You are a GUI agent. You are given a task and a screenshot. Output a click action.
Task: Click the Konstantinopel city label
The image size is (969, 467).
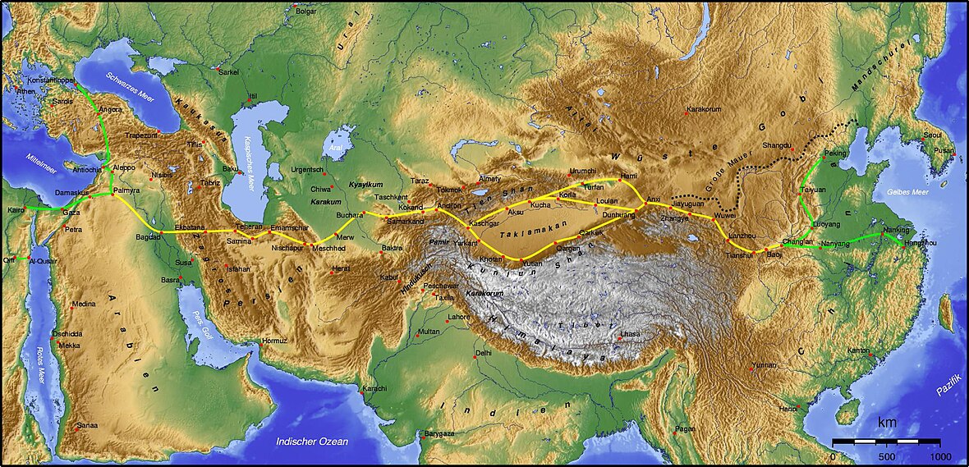coord(50,80)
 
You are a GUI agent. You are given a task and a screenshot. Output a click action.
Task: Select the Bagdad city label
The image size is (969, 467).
coord(149,238)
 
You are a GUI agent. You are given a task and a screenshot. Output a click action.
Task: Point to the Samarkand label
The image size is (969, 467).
coord(406,222)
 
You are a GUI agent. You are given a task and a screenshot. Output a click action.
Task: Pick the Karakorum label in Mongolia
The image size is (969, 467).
coord(708,108)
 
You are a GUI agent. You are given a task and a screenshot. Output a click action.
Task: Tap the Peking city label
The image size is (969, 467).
coord(835,153)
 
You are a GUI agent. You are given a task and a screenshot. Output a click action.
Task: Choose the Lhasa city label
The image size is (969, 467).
coord(630,335)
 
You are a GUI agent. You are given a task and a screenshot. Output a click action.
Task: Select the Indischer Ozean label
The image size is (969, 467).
coord(312,442)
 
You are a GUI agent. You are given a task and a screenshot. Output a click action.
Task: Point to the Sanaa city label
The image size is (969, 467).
coord(87,425)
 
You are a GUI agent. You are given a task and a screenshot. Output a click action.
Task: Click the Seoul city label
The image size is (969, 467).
coord(931,135)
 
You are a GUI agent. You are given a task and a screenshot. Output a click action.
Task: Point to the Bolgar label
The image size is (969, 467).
coord(306,11)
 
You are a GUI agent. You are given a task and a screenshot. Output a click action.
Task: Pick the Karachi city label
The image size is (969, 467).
coord(374,387)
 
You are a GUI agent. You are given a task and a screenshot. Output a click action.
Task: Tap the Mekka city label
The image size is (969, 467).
coord(69,346)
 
